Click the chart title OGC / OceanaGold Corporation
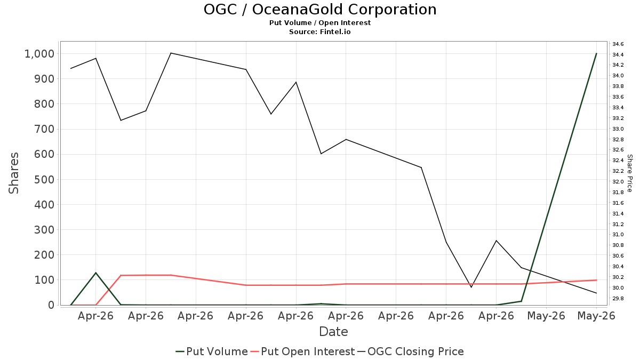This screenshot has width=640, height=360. point(320,10)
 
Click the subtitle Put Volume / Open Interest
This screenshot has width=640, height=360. point(320,23)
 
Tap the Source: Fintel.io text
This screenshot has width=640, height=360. point(320,31)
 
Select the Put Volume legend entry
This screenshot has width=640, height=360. point(211,351)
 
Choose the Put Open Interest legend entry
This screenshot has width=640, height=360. point(302,351)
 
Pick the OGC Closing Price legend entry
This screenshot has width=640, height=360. point(410,351)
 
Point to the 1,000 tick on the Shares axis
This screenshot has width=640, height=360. point(39,54)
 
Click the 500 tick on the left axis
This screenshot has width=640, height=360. point(44,179)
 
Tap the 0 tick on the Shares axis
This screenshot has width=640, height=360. point(51,305)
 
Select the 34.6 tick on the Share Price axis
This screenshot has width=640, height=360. point(618,44)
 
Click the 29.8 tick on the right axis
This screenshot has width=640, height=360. point(618,299)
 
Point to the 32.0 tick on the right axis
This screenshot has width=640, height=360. point(618,182)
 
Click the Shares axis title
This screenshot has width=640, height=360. point(13,173)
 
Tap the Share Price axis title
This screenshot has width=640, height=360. point(630,173)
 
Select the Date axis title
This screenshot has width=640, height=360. point(333,332)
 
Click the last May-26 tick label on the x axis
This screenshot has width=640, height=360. point(596,316)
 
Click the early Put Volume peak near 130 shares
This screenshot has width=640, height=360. point(95,273)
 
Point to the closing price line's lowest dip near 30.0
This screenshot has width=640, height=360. point(471,287)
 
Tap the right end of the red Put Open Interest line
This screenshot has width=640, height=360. point(597,280)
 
